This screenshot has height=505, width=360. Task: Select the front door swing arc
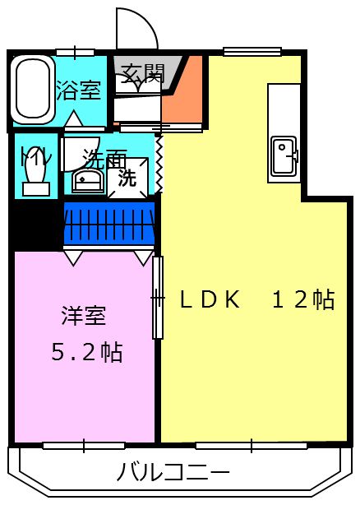pyautogui.click(x=136, y=29)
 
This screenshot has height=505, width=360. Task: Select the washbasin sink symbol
pyautogui.click(x=86, y=180)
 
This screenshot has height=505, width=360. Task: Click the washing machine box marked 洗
pyautogui.click(x=127, y=178)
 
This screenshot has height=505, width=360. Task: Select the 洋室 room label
pyautogui.click(x=83, y=315)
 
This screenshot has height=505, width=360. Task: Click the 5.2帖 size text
pyautogui.click(x=86, y=352)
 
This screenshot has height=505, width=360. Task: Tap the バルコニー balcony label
pyautogui.click(x=173, y=473)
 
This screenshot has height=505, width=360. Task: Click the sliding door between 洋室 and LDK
pyautogui.click(x=158, y=298)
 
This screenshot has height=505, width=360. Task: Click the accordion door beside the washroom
pyautogui.click(x=159, y=163)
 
